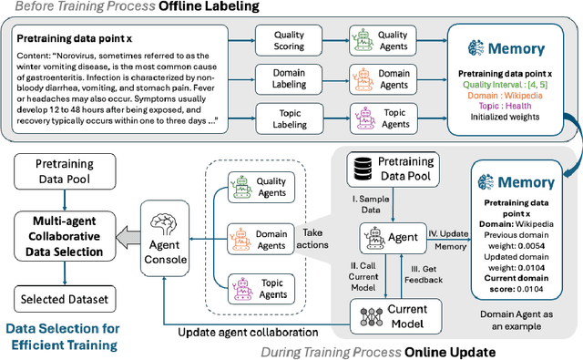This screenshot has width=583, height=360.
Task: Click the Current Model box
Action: pyautogui.click(x=389, y=315)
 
